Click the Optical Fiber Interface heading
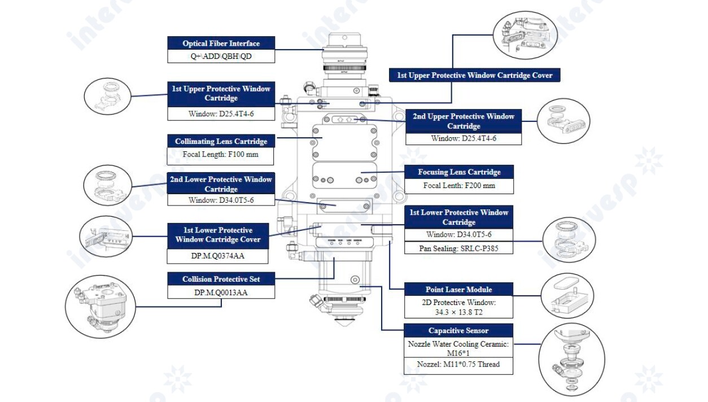click(221, 43)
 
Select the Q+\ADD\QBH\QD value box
click(221, 56)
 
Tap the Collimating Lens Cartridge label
click(221, 141)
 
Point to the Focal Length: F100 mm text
click(221, 155)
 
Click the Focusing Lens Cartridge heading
click(459, 172)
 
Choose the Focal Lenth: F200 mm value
click(459, 185)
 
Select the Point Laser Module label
click(459, 290)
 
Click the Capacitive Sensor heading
click(459, 331)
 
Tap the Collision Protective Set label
click(221, 279)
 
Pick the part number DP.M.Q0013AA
click(221, 292)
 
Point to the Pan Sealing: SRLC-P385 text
click(459, 248)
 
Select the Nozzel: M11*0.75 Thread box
click(459, 364)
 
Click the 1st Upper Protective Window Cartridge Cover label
click(475, 75)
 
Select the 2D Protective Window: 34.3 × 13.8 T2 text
click(459, 307)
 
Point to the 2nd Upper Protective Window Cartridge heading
click(464, 121)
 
